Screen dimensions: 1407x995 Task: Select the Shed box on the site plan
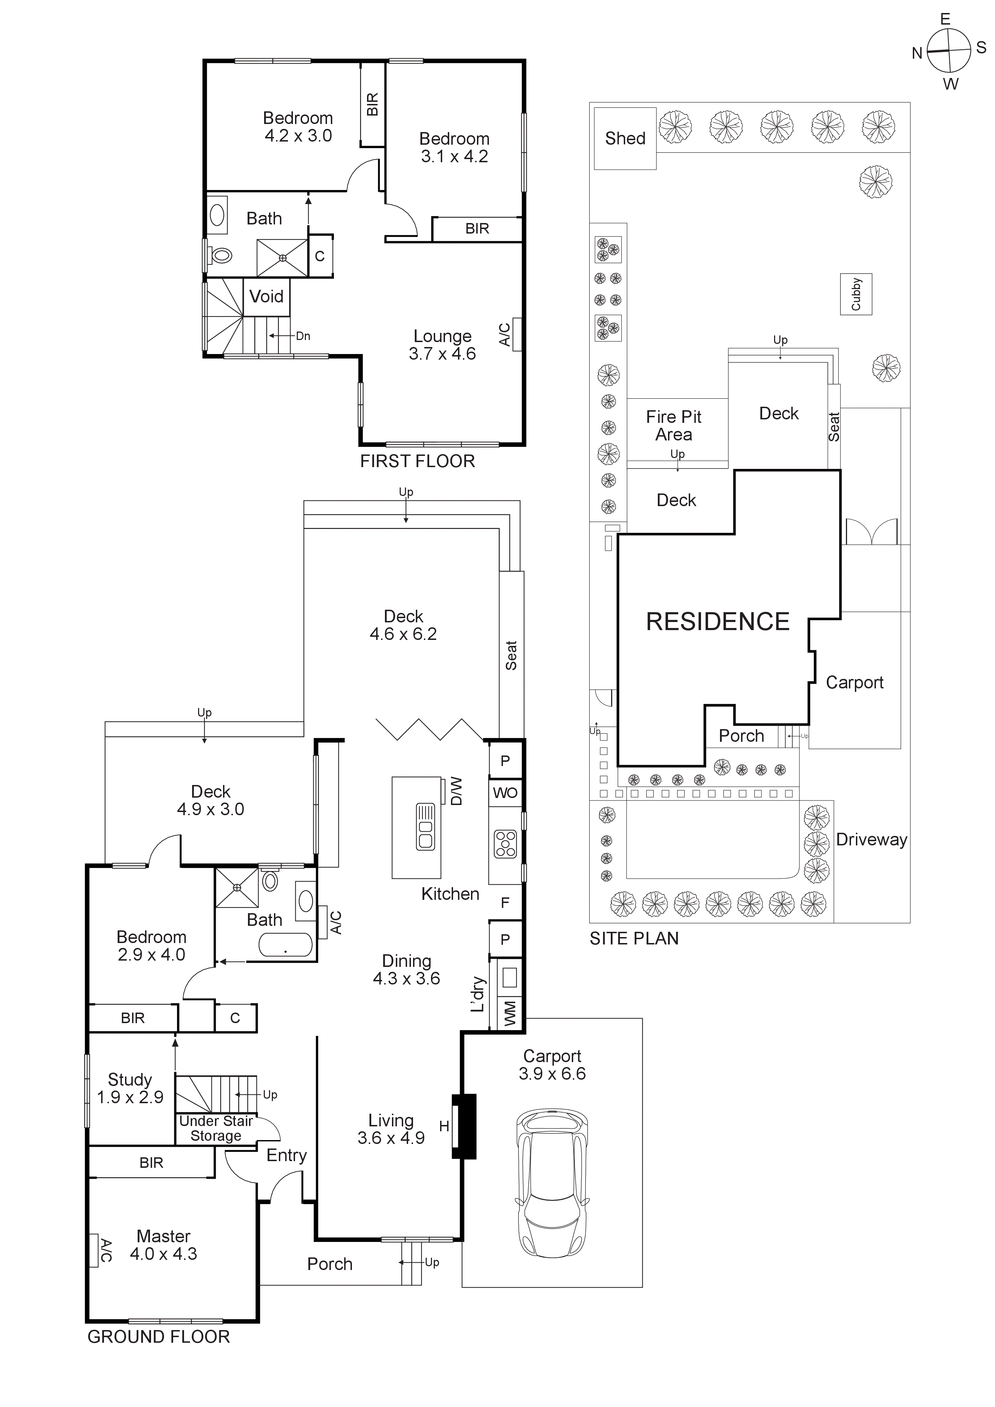[625, 138]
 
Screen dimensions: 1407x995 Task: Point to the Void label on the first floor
[267, 296]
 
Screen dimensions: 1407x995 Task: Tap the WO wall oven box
[505, 793]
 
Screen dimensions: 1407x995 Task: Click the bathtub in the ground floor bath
[286, 944]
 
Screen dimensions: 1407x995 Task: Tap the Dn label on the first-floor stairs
[303, 336]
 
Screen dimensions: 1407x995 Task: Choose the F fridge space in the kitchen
[505, 902]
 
